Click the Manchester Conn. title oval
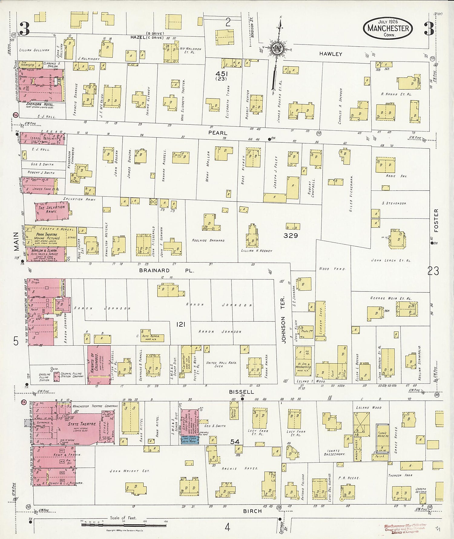388,28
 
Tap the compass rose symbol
277,48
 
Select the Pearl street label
218,133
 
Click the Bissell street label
241,392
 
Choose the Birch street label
252,511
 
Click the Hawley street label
331,54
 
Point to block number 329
291,235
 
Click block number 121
180,324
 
